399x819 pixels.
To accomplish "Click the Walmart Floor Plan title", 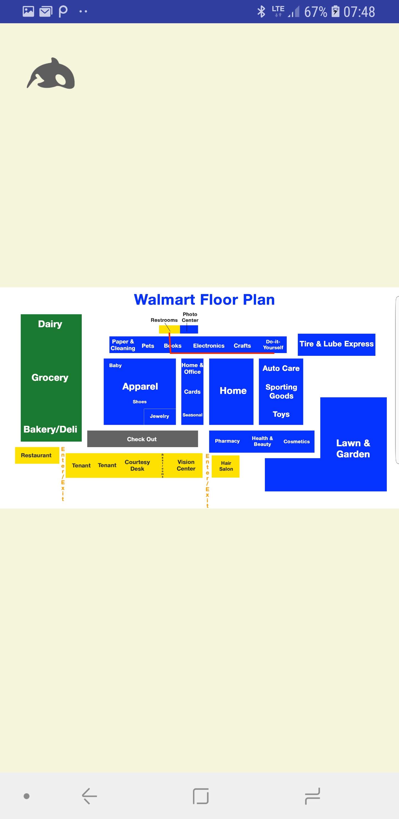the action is (204, 299).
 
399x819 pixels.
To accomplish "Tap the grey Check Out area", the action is (142, 439).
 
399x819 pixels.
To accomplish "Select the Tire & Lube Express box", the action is (336, 344).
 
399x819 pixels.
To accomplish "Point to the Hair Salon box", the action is (226, 466).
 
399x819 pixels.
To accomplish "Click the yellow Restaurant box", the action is (37, 455).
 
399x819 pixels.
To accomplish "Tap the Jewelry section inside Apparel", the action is (160, 416).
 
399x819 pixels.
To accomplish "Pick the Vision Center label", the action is (186, 465).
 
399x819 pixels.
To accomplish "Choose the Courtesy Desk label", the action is (137, 465).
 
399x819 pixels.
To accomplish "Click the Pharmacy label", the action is (227, 441).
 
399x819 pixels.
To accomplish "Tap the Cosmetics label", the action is (296, 442).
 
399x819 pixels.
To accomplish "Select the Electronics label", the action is (209, 346).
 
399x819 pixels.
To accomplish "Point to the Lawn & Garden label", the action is (353, 448).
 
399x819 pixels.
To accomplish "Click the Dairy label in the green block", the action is (50, 324).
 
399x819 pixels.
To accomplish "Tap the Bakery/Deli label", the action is (50, 429).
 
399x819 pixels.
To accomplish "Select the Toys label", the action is (281, 414).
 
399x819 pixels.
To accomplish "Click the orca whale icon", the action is (51, 74).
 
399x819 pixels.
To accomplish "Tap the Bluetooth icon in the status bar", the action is (261, 12).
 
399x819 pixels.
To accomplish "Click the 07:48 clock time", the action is (359, 12).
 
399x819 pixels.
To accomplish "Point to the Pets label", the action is (148, 346).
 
